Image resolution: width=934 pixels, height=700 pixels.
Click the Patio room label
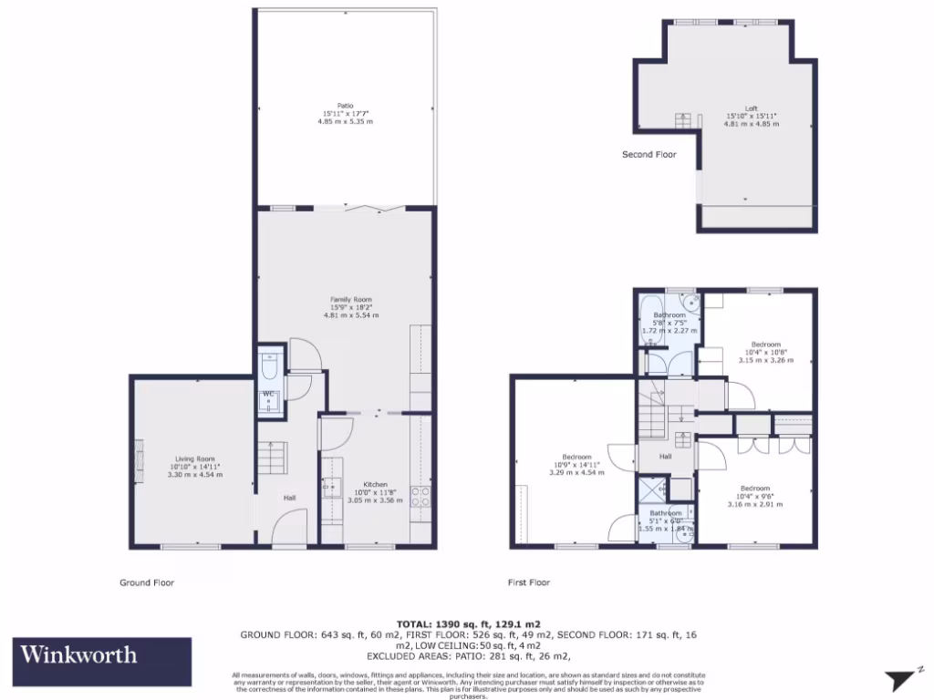coord(346,106)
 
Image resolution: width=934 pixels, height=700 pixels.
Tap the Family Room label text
coord(351,299)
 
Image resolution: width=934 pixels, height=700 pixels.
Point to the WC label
coord(269,394)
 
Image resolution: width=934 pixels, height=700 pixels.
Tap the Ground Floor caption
coord(147,582)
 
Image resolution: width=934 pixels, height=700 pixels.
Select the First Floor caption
coord(529,582)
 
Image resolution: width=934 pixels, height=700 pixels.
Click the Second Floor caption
coord(649,155)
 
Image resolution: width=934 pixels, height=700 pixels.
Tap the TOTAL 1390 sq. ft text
coord(466,623)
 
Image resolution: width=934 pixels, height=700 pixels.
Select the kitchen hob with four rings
coord(420,497)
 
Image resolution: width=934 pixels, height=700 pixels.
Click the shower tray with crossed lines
coord(651,490)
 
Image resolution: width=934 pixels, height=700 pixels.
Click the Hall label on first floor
coord(666,457)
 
